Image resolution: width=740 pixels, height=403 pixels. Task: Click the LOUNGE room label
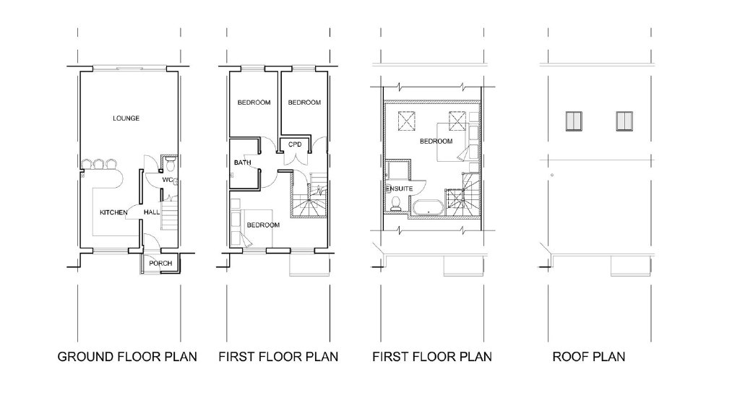(126, 118)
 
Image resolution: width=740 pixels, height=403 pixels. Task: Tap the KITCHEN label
(113, 212)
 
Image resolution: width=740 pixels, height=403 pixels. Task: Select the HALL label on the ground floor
(152, 212)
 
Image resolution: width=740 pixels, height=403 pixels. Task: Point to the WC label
(168, 180)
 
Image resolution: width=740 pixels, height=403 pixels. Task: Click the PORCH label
(160, 264)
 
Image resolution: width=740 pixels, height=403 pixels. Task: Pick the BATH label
(243, 162)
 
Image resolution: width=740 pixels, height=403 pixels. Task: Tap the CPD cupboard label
(295, 144)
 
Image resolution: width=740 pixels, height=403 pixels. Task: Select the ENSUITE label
(399, 188)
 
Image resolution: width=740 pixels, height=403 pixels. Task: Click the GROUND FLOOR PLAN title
(127, 357)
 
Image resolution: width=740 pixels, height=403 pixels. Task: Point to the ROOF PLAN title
(589, 357)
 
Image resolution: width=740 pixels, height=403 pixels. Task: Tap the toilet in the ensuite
(395, 204)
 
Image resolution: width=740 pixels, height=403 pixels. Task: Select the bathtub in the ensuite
(428, 207)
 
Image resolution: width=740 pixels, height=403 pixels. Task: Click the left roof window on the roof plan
(574, 121)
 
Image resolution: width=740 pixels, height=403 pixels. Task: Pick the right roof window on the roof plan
(624, 121)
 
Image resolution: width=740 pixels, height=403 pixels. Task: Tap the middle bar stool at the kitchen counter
(98, 164)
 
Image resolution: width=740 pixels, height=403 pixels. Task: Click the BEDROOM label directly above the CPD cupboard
(304, 103)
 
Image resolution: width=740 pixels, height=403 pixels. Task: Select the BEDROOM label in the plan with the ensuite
(436, 141)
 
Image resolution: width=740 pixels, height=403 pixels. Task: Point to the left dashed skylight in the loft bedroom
(405, 119)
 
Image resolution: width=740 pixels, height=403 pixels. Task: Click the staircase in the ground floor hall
(168, 212)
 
